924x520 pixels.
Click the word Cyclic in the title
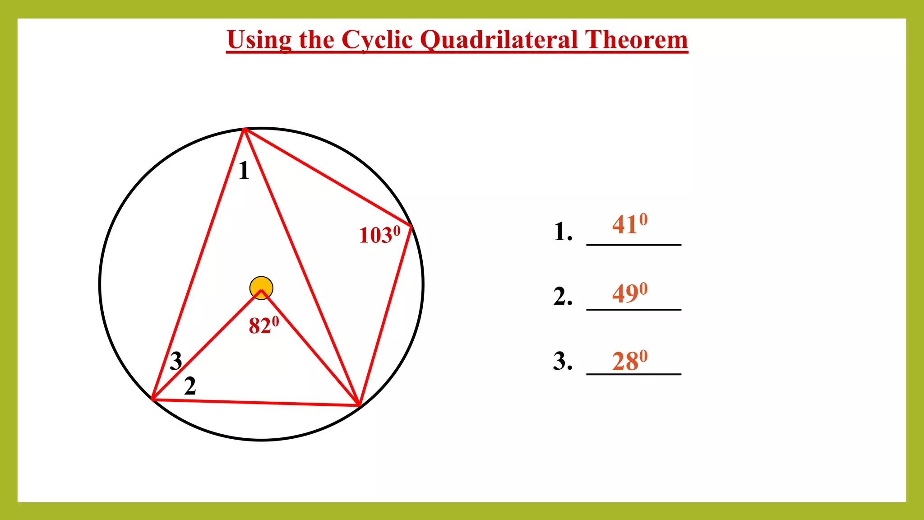click(377, 40)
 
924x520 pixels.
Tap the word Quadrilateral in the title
click(498, 40)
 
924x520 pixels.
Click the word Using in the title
click(259, 40)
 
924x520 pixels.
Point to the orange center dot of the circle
click(261, 288)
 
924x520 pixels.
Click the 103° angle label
click(379, 235)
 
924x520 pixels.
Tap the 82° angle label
click(264, 325)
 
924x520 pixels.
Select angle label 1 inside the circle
click(244, 171)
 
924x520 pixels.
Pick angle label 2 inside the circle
click(190, 386)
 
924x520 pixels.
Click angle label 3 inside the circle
click(176, 361)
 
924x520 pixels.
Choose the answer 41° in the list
click(629, 224)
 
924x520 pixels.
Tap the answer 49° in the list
click(629, 293)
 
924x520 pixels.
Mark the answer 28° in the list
click(629, 361)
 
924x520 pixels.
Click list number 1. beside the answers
click(563, 232)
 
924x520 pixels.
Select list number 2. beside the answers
click(563, 297)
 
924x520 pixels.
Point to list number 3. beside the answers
click(563, 361)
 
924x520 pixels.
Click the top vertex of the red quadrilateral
click(245, 130)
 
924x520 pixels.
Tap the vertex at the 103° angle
click(411, 226)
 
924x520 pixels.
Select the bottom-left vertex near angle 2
click(153, 399)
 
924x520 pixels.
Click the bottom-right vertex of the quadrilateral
click(359, 405)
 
